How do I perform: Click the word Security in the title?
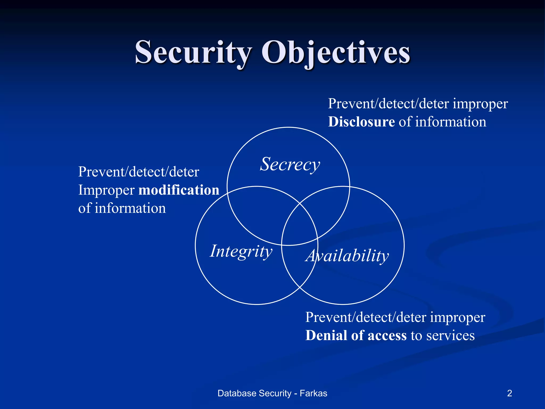(193, 52)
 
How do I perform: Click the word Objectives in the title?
(336, 52)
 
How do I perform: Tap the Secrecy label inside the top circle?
(290, 164)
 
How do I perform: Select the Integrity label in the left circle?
(241, 251)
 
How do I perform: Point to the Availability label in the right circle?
(347, 256)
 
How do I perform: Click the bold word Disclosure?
(361, 122)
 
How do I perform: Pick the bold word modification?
(179, 190)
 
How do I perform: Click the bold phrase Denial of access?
(356, 336)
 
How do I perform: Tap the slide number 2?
(509, 393)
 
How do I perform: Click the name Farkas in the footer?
(313, 393)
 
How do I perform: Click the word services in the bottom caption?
(451, 336)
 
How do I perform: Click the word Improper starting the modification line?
(106, 190)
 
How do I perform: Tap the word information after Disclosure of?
(451, 122)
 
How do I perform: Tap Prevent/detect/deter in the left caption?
(139, 172)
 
